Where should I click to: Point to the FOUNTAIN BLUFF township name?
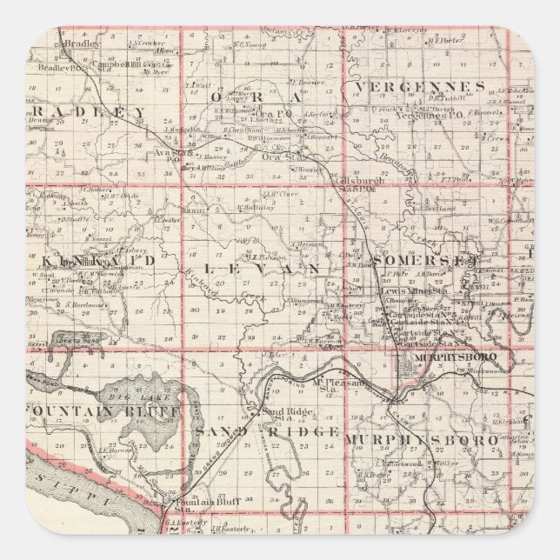[104, 409]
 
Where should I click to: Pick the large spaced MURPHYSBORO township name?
[421, 440]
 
